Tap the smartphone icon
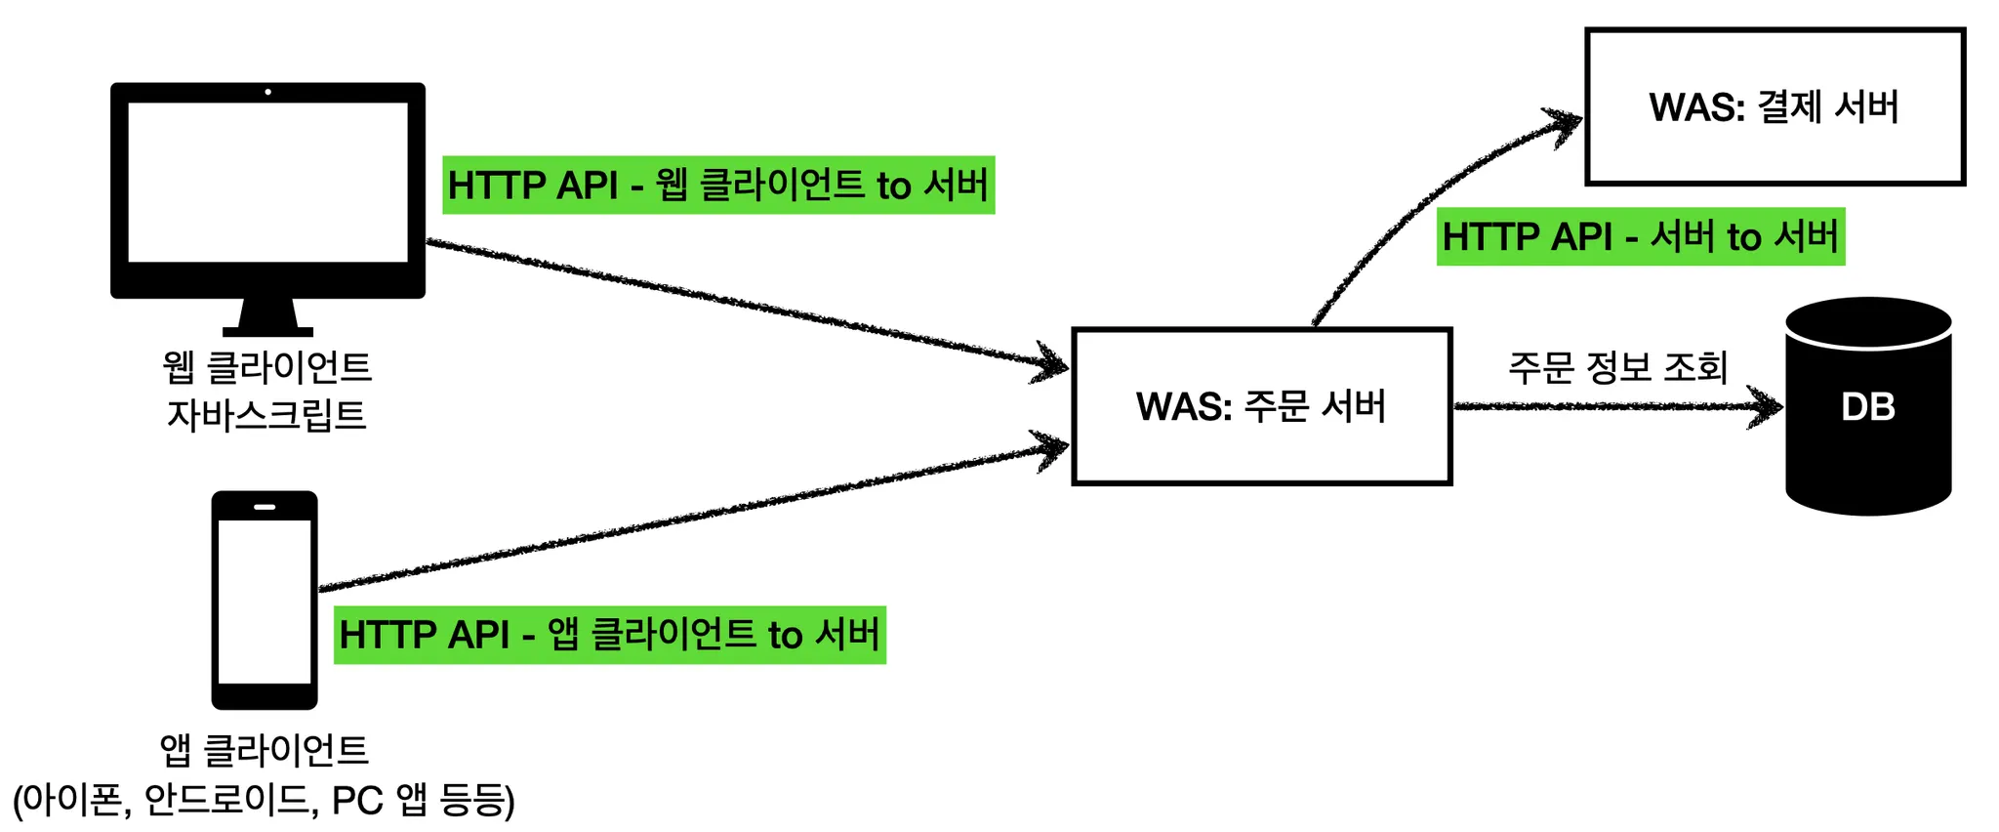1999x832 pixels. click(265, 600)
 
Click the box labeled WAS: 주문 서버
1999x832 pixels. click(1261, 406)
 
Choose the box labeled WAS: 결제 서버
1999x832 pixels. click(1775, 106)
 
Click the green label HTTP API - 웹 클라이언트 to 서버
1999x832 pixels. click(718, 185)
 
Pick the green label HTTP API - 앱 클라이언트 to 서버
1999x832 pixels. click(610, 635)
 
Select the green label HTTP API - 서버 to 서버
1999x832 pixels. click(1640, 236)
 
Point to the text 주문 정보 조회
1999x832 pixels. click(1617, 367)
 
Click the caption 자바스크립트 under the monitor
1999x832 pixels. click(266, 415)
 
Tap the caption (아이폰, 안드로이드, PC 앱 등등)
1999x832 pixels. click(264, 800)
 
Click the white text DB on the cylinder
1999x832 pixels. click(1867, 406)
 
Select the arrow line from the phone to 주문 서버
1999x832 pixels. click(683, 518)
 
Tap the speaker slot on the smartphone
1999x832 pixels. click(265, 507)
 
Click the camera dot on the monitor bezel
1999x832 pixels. click(267, 92)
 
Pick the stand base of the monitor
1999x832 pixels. click(267, 332)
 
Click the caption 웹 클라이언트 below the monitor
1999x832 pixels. click(266, 367)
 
